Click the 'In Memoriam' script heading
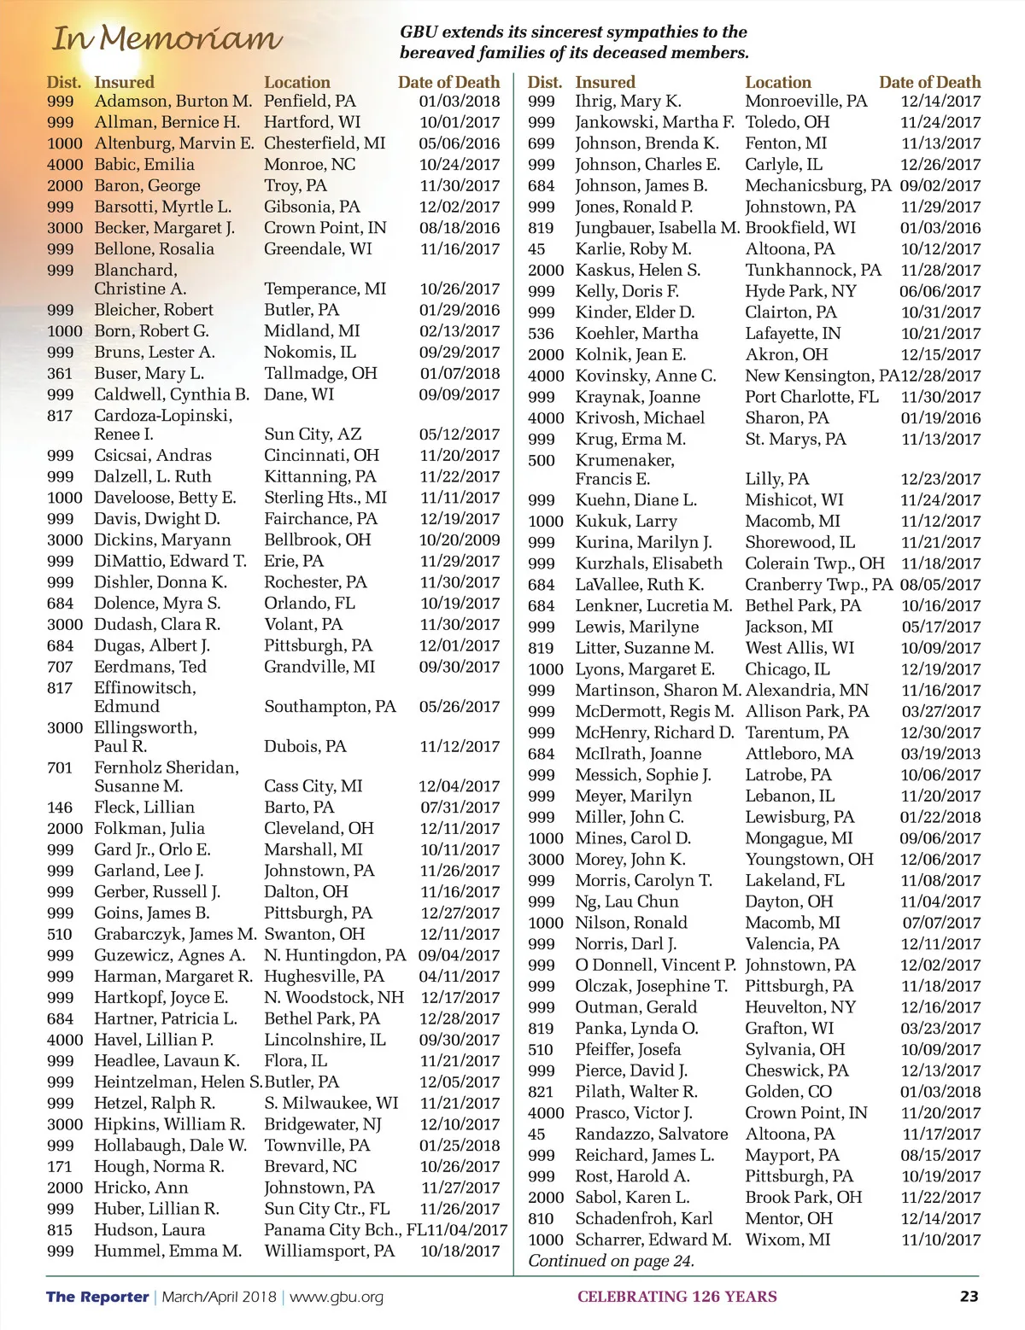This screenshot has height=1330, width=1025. click(167, 38)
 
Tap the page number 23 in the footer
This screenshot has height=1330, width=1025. click(969, 1296)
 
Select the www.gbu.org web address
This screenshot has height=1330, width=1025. click(337, 1297)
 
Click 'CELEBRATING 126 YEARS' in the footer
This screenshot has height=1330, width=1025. click(676, 1297)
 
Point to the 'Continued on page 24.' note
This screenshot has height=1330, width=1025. click(611, 1261)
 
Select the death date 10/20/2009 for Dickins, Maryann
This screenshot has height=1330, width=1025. click(459, 540)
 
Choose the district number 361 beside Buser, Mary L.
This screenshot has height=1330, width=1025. click(60, 374)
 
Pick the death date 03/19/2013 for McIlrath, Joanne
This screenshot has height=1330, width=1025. click(940, 755)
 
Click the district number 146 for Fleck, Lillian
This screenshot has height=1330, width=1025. click(60, 808)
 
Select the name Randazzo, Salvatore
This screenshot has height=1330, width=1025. click(652, 1135)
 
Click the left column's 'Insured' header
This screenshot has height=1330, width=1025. click(124, 83)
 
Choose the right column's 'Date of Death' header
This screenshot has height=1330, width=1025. click(929, 83)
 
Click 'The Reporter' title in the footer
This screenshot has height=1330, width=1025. click(97, 1297)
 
